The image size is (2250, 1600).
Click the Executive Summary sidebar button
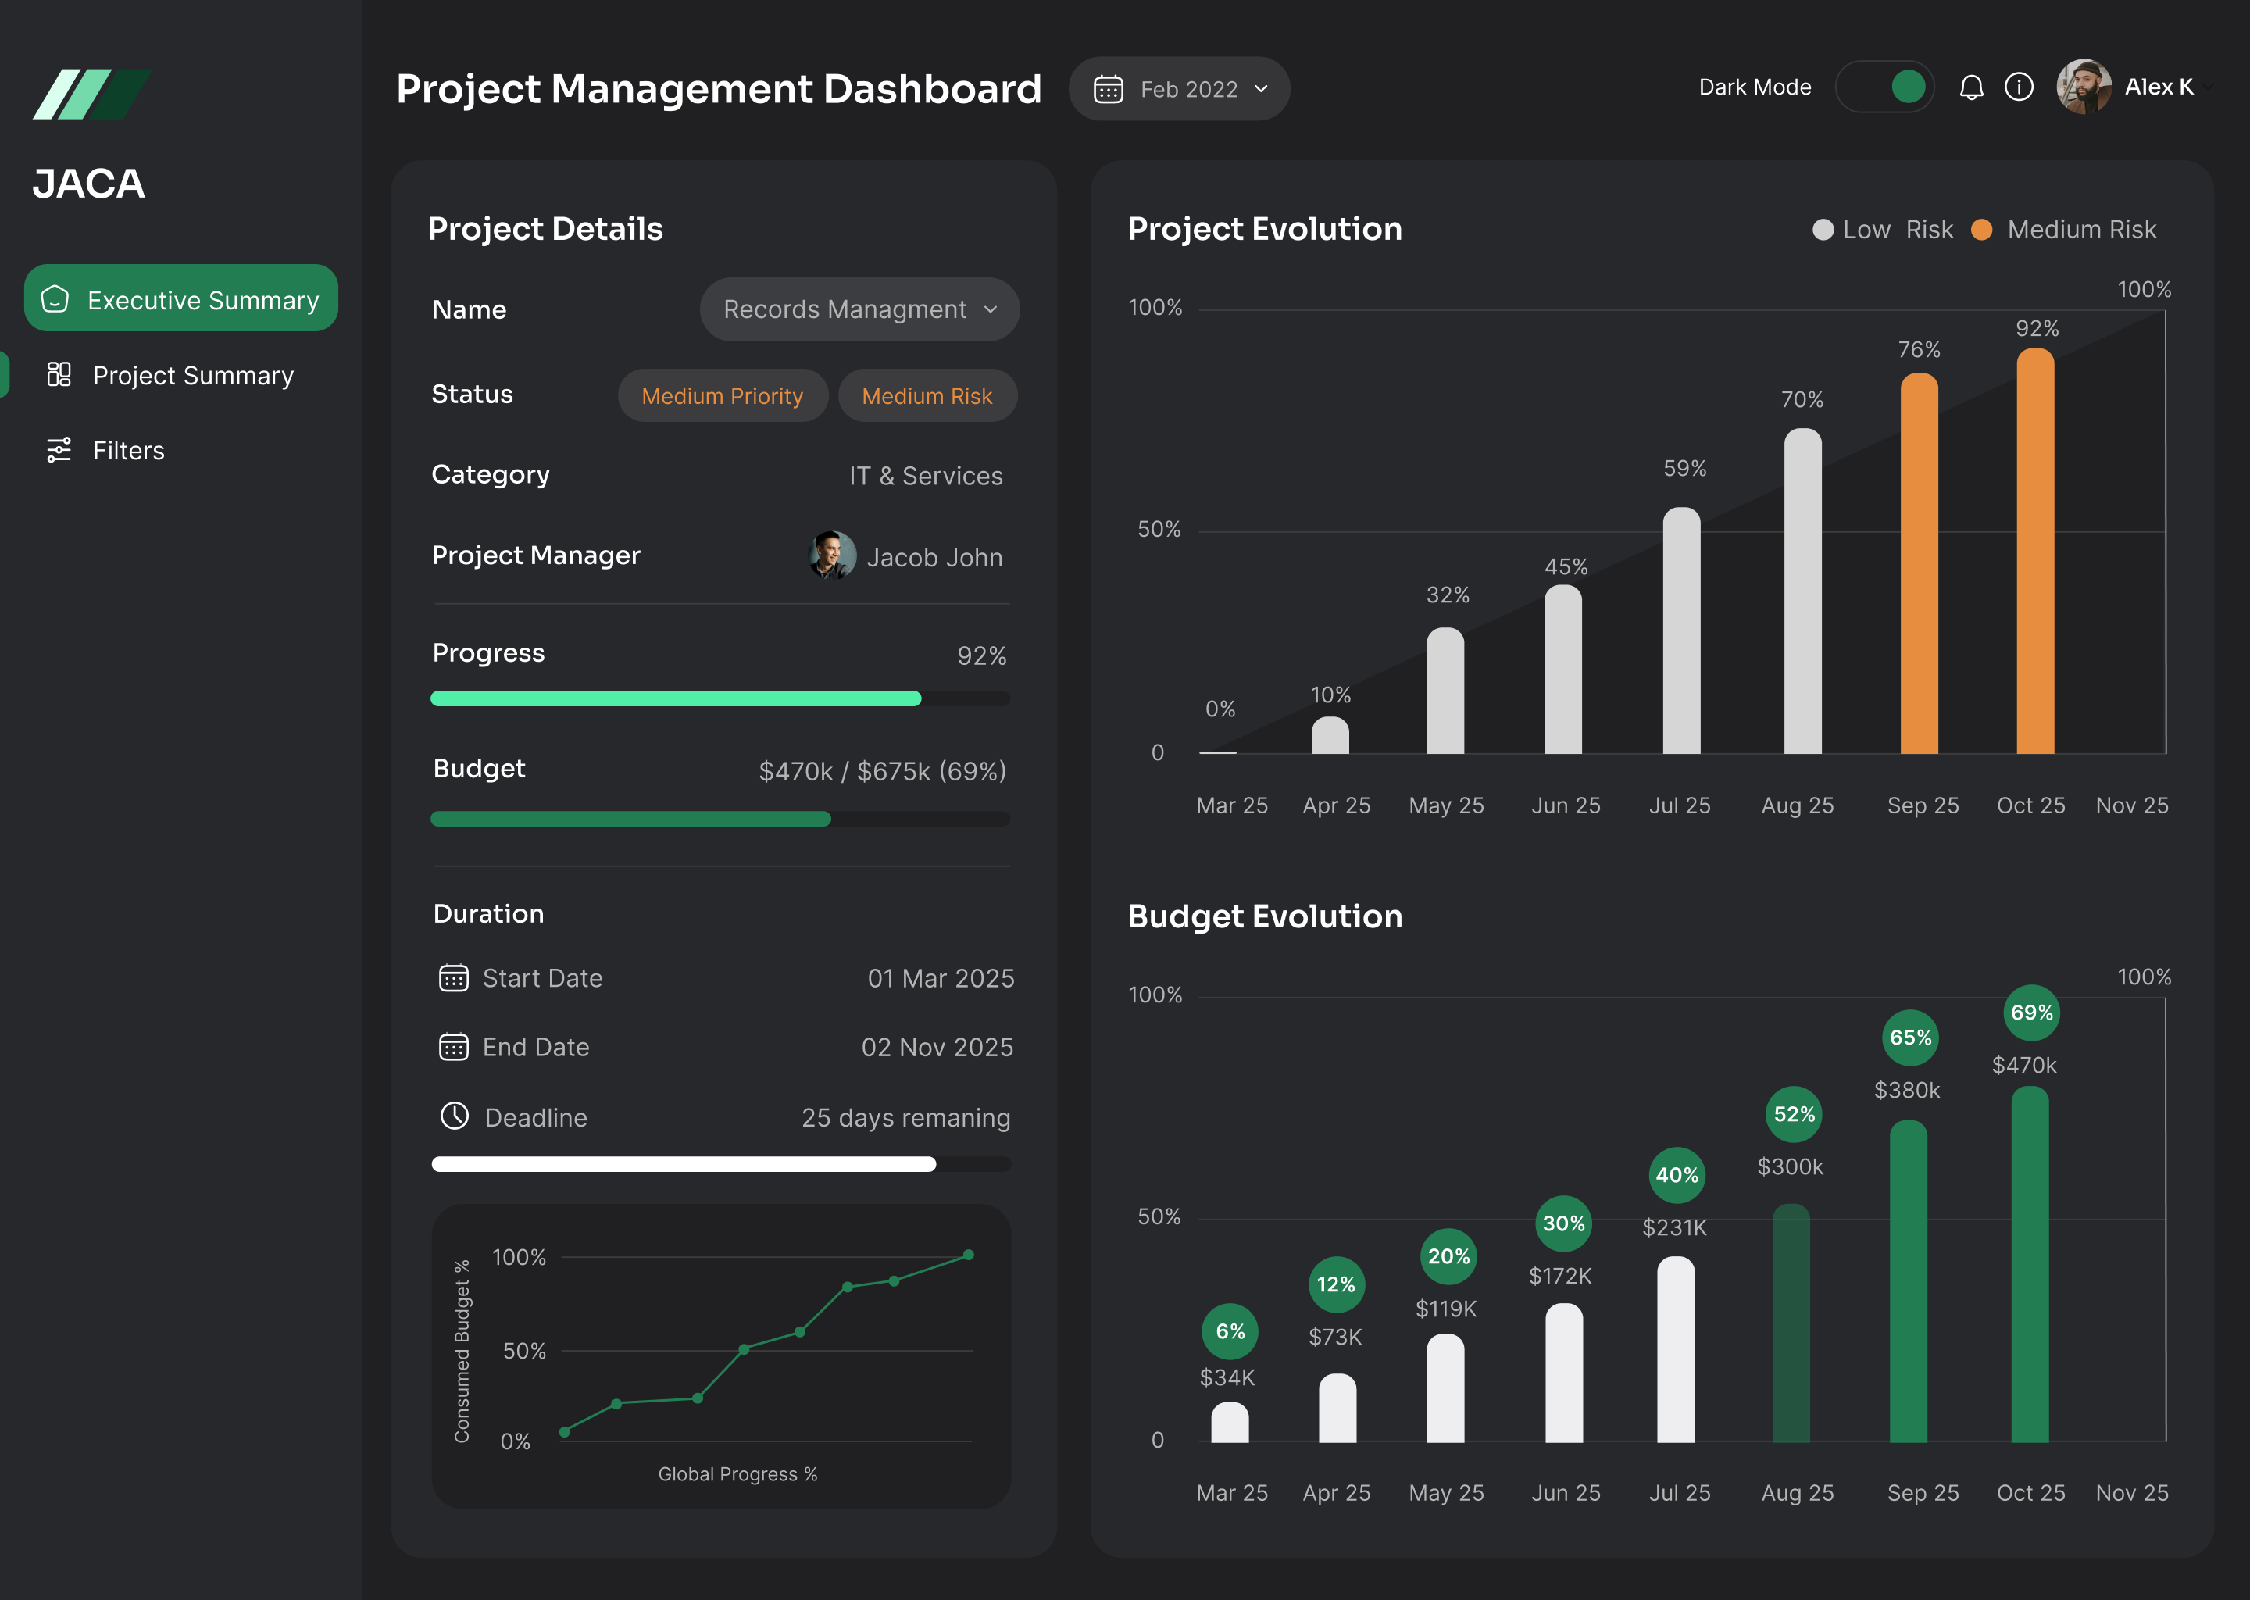coord(181,298)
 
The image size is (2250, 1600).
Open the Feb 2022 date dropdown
coord(1179,88)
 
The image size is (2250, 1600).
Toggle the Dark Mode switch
coord(1884,87)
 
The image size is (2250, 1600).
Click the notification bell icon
coord(1971,87)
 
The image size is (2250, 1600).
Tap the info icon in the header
coord(2019,87)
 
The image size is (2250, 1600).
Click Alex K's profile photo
coord(2083,87)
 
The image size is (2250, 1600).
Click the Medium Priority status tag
coord(722,396)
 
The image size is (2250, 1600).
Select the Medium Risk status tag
coord(927,396)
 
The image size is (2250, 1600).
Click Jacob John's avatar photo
coord(832,555)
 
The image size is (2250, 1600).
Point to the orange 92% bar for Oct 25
coord(2035,552)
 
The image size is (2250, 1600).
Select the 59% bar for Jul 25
coord(1681,630)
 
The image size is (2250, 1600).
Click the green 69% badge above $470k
coord(2031,1012)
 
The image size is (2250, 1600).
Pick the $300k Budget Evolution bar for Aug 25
coord(1791,1323)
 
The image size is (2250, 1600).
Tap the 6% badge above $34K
coord(1230,1331)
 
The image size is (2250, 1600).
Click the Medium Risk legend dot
coord(1982,230)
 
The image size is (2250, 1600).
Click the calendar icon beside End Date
coord(453,1046)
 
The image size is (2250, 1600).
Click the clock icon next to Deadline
coord(454,1116)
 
